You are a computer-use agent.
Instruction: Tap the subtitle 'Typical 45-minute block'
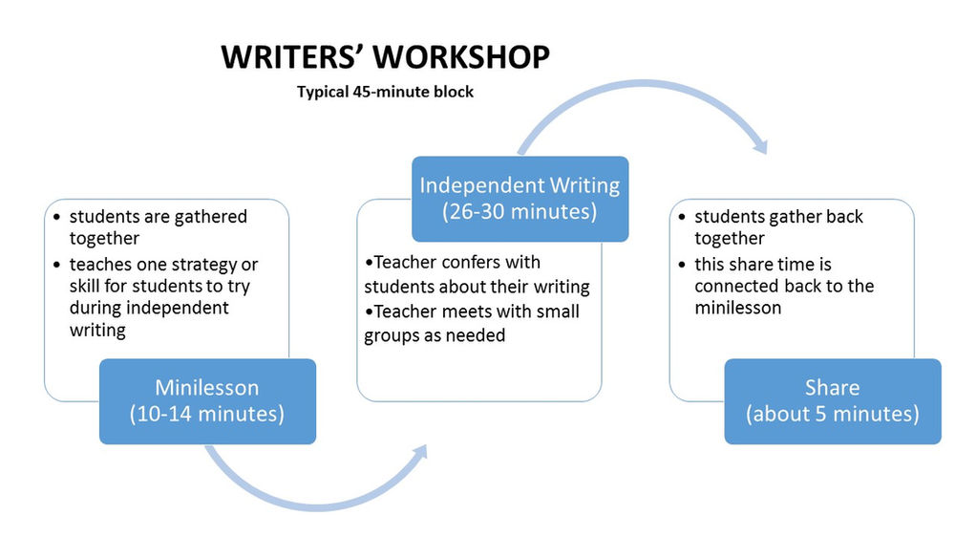(x=385, y=93)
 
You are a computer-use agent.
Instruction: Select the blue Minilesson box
(x=207, y=400)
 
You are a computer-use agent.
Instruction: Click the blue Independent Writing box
(x=520, y=198)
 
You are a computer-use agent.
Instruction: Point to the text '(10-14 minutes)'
(x=207, y=414)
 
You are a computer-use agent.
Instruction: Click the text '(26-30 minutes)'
(x=520, y=211)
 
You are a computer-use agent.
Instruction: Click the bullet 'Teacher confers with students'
(x=477, y=273)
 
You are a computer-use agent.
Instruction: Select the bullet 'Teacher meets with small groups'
(x=472, y=323)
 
